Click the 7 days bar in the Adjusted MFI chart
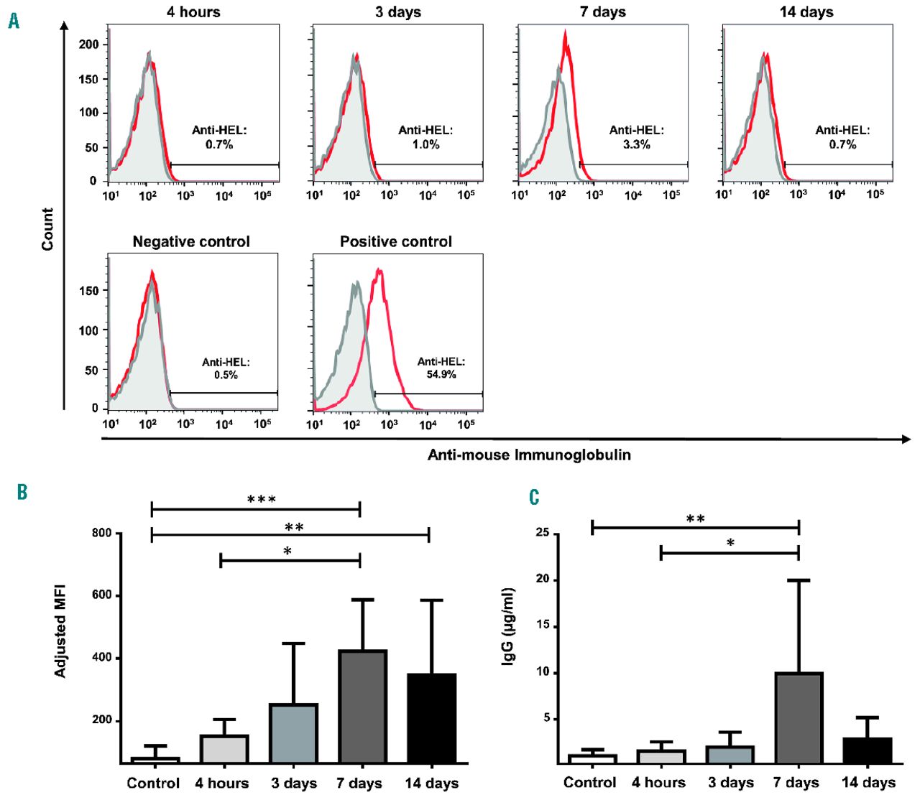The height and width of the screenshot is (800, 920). [363, 707]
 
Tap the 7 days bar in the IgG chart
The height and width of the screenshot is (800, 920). [799, 717]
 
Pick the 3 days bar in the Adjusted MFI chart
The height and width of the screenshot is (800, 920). [294, 733]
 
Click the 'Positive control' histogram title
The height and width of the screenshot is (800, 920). [396, 242]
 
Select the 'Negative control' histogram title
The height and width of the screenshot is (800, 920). [191, 242]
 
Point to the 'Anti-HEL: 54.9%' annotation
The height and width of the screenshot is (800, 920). [441, 368]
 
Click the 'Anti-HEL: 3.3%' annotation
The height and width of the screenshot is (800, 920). [637, 137]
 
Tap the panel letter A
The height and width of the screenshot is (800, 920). [14, 21]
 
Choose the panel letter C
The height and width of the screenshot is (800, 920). [534, 497]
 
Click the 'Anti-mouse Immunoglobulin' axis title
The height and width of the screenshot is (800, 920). [529, 455]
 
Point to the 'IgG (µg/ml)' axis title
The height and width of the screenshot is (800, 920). [508, 626]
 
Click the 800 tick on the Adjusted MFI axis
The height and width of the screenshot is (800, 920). [101, 533]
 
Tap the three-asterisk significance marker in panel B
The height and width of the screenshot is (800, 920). [262, 500]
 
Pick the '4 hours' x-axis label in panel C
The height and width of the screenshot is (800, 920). [658, 783]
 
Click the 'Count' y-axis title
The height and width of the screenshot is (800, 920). [47, 229]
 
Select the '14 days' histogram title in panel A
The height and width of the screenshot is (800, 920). [806, 12]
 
